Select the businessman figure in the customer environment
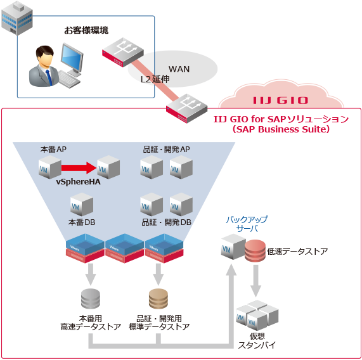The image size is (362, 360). pyautogui.click(x=44, y=66)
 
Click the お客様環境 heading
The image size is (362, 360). pyautogui.click(x=86, y=30)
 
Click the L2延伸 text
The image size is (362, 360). pyautogui.click(x=155, y=80)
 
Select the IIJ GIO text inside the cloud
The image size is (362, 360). pyautogui.click(x=280, y=100)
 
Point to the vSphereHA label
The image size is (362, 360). pyautogui.click(x=78, y=183)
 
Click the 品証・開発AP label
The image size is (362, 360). pyautogui.click(x=167, y=150)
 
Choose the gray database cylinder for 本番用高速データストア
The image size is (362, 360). pyautogui.click(x=91, y=298)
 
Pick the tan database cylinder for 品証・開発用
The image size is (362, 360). pyautogui.click(x=158, y=298)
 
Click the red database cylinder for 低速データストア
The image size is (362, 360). pyautogui.click(x=255, y=252)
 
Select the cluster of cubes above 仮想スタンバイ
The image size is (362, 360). pyautogui.click(x=257, y=314)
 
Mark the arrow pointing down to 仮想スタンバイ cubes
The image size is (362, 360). pyautogui.click(x=256, y=280)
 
